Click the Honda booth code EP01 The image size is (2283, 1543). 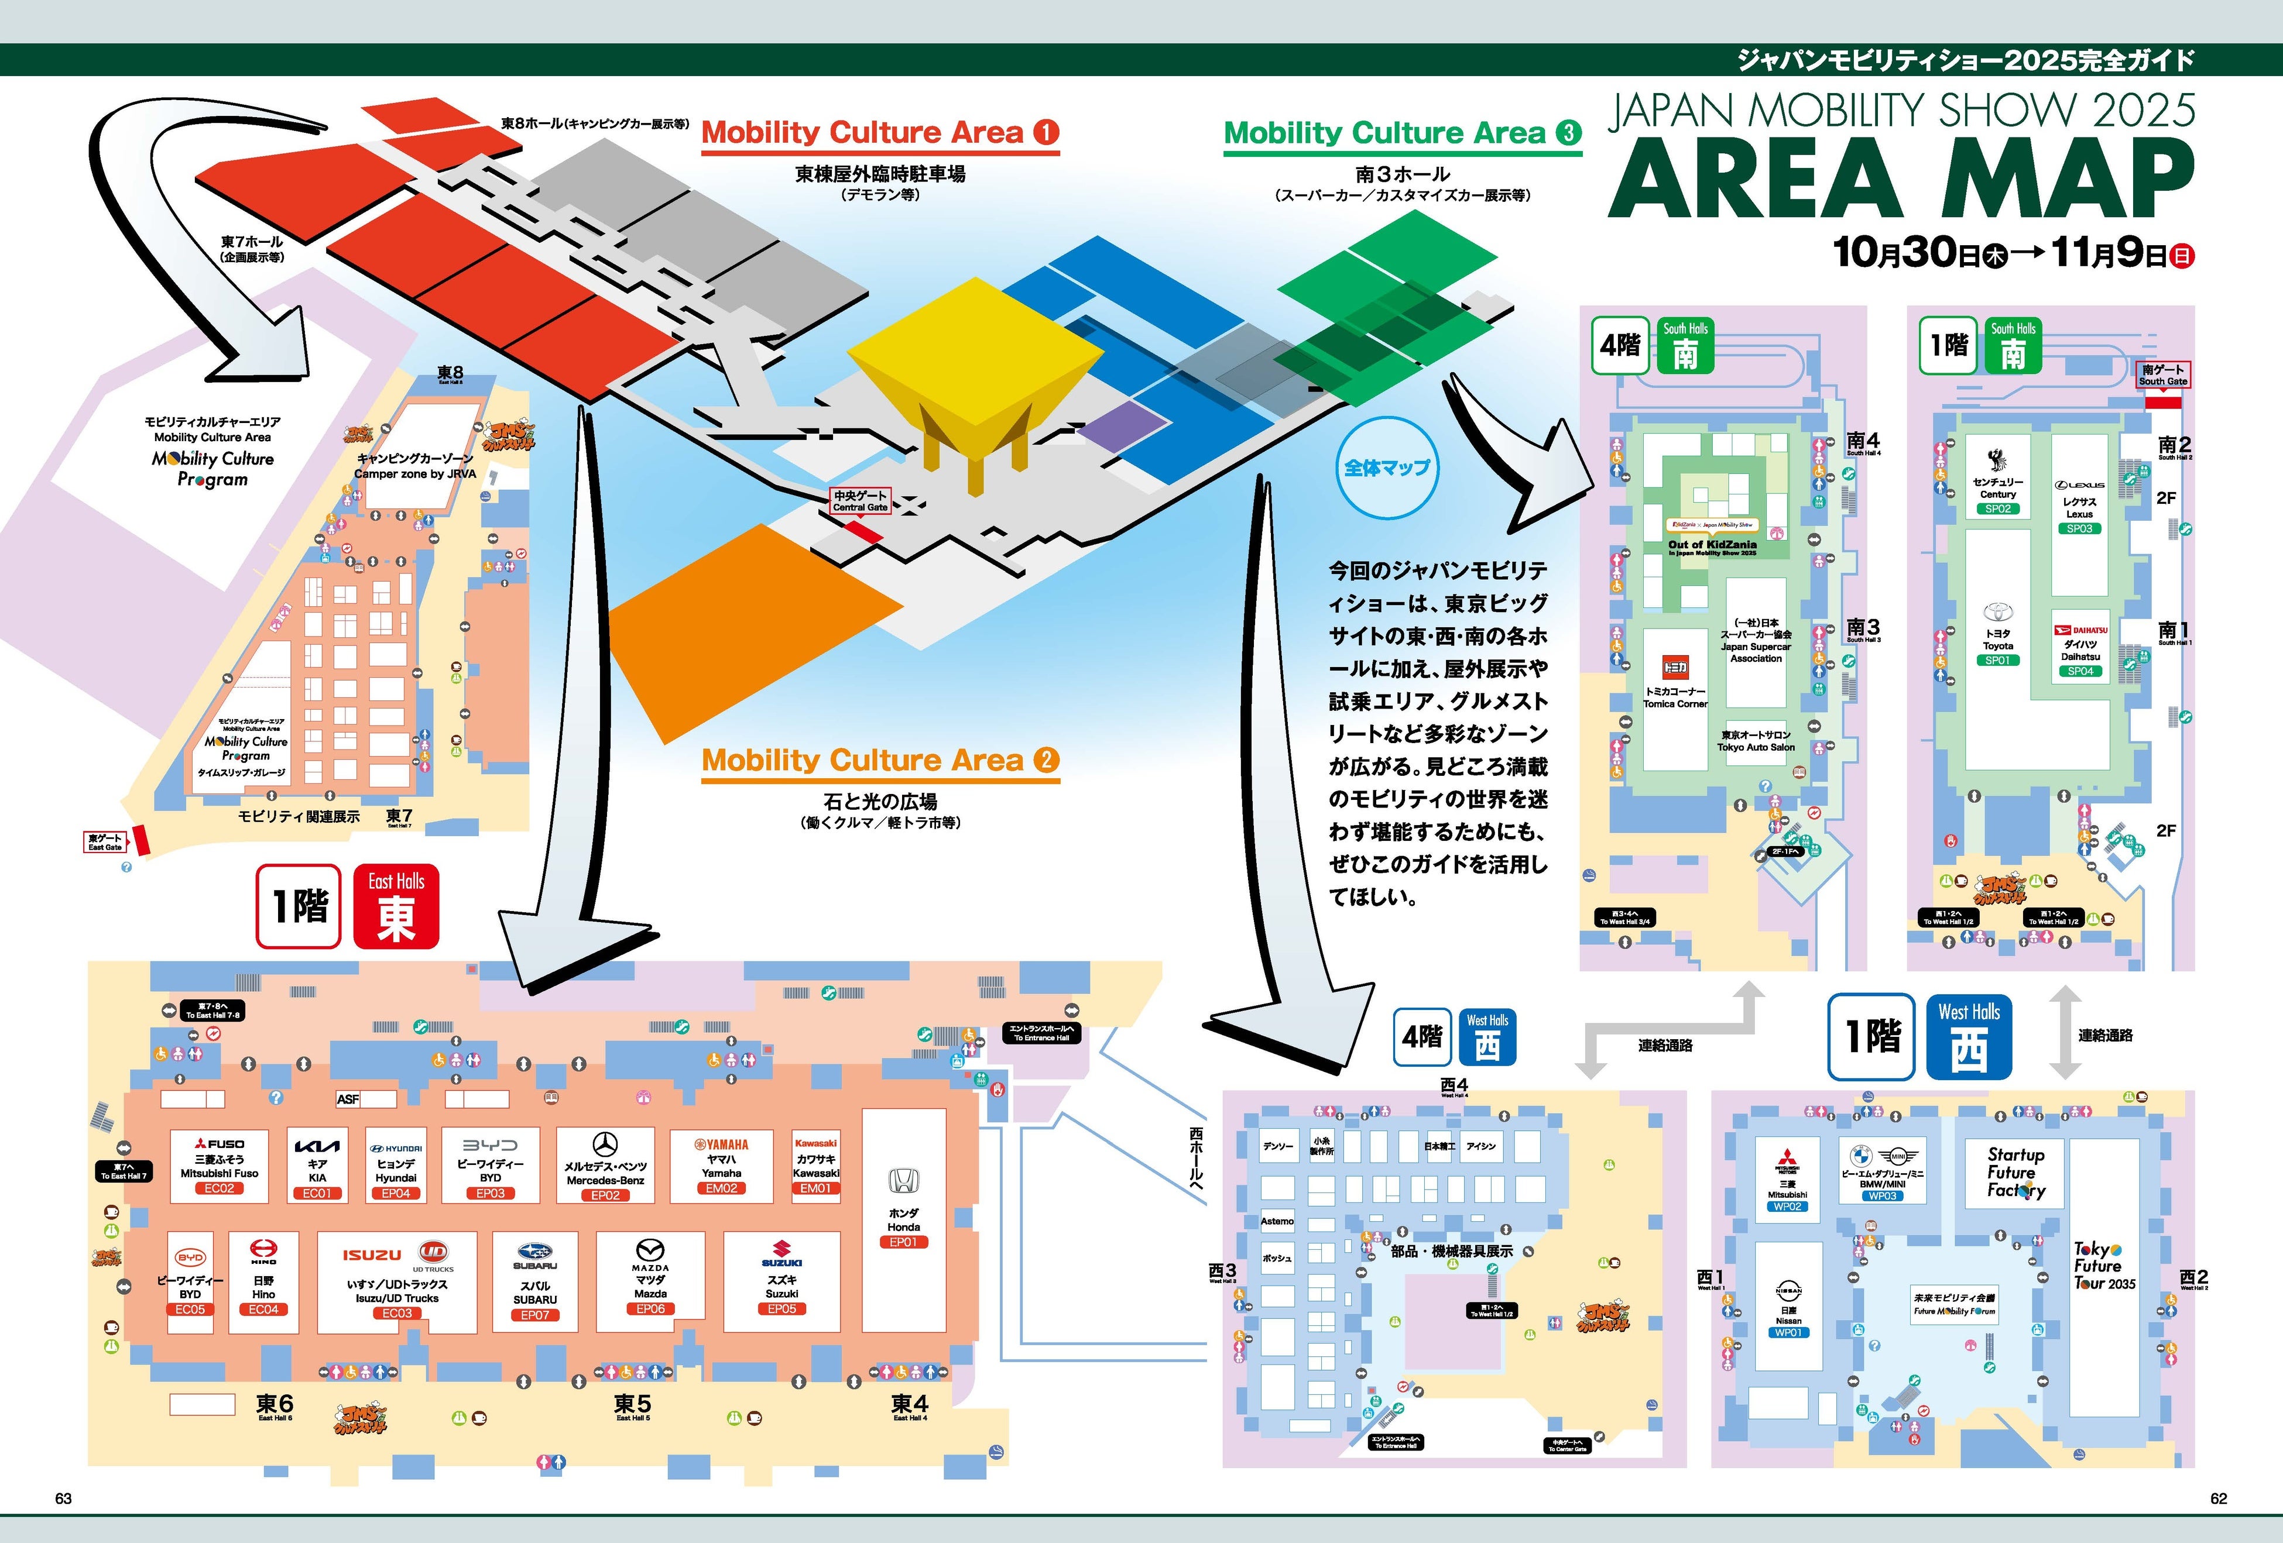[x=903, y=1242]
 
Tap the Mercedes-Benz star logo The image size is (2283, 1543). [x=605, y=1145]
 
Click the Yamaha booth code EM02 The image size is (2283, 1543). [x=721, y=1188]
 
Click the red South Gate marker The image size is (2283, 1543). [x=2162, y=403]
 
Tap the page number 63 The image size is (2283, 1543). [x=63, y=1499]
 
